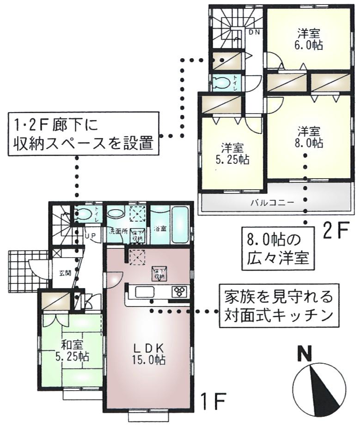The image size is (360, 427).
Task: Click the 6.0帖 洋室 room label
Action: (309, 39)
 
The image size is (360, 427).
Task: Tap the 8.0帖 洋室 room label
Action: (309, 137)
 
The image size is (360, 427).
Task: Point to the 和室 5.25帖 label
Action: (71, 351)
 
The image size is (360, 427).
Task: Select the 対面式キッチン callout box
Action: (279, 305)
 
